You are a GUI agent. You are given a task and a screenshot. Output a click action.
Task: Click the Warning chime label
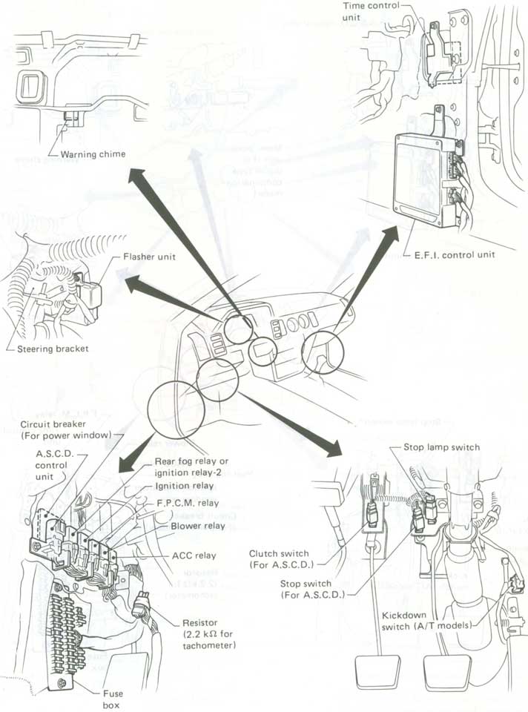(x=93, y=154)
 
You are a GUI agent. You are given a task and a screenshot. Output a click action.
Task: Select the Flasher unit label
(x=148, y=257)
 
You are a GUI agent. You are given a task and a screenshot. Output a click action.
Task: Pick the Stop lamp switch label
(x=441, y=447)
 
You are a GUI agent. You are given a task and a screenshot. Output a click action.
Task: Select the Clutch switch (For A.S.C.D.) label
(x=280, y=558)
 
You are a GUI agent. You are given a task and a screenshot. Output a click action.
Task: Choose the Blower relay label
(x=198, y=526)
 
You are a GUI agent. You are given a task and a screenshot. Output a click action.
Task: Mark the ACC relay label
(x=194, y=555)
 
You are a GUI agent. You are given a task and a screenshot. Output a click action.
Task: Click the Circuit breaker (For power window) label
(x=66, y=429)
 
